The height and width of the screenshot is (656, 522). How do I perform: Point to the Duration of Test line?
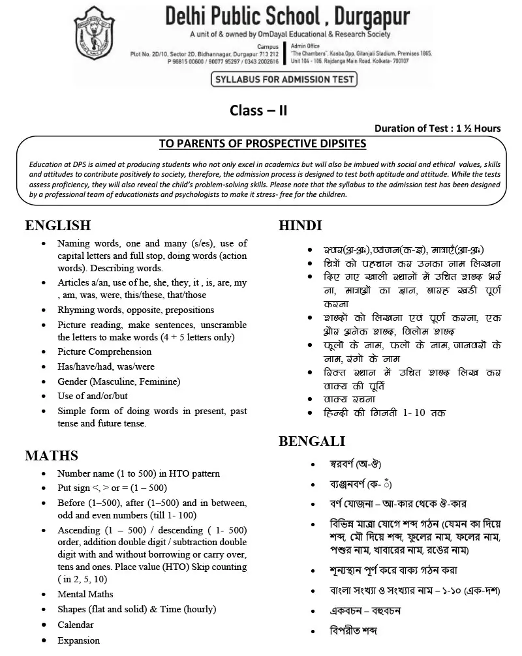click(x=438, y=128)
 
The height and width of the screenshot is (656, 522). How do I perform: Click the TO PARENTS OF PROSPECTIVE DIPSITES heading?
click(x=263, y=143)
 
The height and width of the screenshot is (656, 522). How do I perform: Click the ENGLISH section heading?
click(x=57, y=226)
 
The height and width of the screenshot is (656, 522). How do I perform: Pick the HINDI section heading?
click(x=300, y=226)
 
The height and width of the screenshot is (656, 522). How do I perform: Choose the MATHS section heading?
click(x=52, y=456)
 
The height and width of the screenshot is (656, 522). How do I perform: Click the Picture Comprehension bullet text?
click(x=104, y=352)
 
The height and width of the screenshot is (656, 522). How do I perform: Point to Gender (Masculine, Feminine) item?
click(x=119, y=381)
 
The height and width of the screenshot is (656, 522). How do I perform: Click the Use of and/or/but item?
click(x=93, y=396)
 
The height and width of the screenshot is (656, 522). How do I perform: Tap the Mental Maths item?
click(x=85, y=594)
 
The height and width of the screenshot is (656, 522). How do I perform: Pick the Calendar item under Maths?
click(x=76, y=625)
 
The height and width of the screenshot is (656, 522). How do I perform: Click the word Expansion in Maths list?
click(x=78, y=640)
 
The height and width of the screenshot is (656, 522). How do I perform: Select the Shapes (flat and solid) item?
click(x=136, y=609)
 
